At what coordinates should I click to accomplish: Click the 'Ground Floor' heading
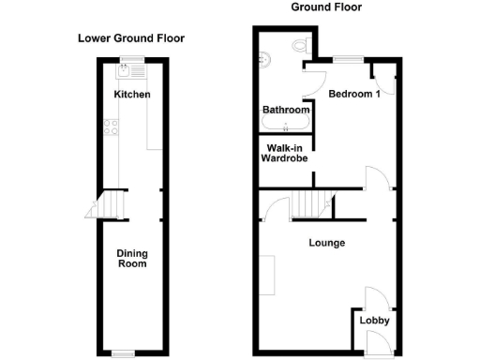point(326,7)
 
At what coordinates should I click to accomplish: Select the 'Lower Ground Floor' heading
point(130,38)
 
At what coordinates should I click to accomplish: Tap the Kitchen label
point(132,95)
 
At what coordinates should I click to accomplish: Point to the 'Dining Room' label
point(131,259)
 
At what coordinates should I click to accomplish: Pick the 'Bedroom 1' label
point(353,93)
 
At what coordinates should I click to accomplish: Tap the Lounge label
point(327,243)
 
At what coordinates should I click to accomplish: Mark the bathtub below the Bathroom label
point(284,124)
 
